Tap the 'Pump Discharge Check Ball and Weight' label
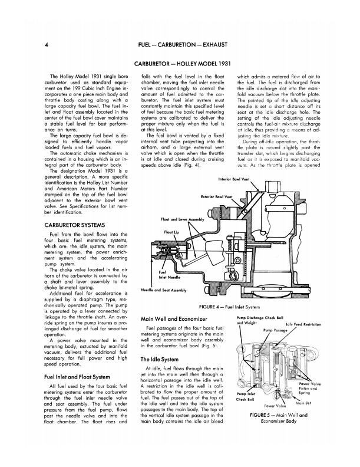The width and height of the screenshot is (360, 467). [x=265, y=321]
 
